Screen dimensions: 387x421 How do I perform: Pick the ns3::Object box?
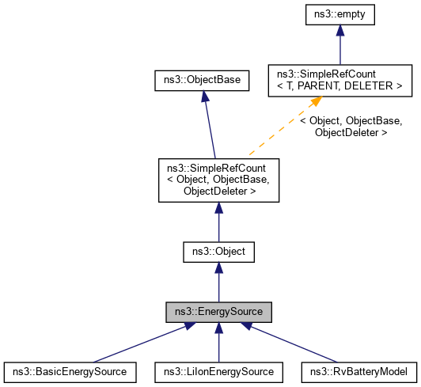(x=218, y=252)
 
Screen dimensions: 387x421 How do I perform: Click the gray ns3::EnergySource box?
(x=218, y=312)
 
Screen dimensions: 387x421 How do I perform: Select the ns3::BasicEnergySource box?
(x=70, y=370)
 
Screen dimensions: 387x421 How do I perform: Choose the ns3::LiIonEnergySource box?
(x=218, y=370)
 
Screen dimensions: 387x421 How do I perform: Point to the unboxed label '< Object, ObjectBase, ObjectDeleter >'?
(x=351, y=127)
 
